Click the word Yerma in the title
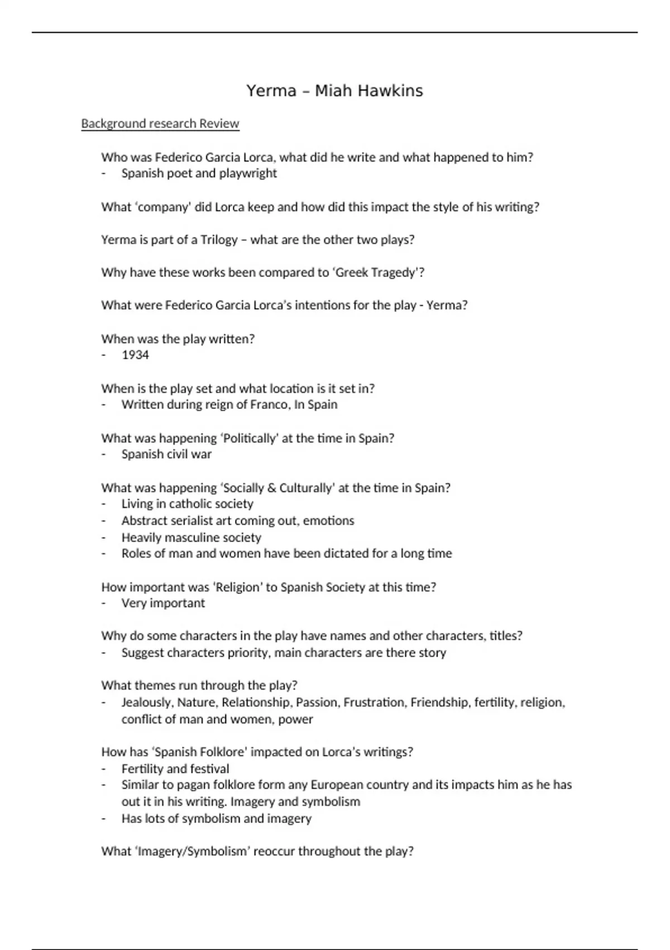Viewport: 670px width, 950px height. [x=271, y=91]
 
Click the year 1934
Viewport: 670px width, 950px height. [x=135, y=355]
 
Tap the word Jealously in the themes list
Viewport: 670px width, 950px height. [x=147, y=702]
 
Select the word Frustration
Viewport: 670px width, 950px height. [x=374, y=702]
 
